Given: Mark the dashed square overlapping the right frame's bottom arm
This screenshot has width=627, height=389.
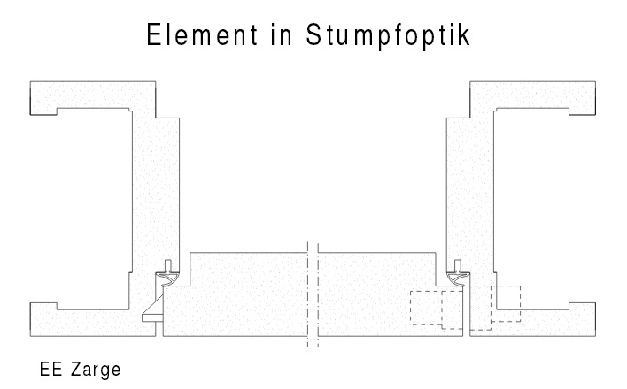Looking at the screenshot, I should point(507,302).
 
